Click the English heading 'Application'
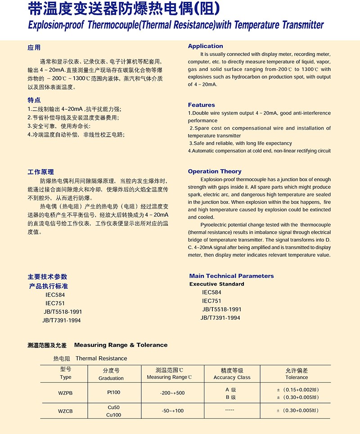pos(205,46)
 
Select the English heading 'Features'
pos(201,105)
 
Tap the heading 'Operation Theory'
pos(214,171)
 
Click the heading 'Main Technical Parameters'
pos(231,276)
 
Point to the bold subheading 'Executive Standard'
pos(216,284)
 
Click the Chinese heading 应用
pos(34,47)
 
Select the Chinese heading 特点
pos(34,100)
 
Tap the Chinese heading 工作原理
pos(40,172)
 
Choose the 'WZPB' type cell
pos(65,393)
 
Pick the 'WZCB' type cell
pos(65,411)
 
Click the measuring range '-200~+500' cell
pos(172,393)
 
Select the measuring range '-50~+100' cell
pos(172,411)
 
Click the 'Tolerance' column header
pos(297,377)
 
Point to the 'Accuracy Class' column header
pos(232,377)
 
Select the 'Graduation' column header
pos(111,378)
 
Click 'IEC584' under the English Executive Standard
pos(211,292)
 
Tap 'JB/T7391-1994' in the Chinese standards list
pos(62,320)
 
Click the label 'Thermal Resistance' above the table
pos(101,358)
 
